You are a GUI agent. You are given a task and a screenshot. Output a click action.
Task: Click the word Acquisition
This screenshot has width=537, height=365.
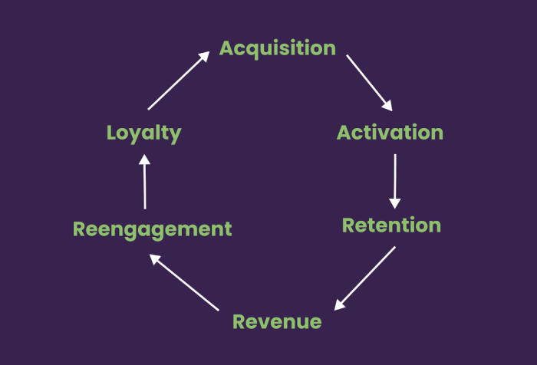(x=278, y=48)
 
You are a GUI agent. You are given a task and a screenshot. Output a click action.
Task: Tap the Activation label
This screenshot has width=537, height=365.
(x=390, y=133)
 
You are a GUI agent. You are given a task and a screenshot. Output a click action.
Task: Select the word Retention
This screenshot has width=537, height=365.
(x=391, y=225)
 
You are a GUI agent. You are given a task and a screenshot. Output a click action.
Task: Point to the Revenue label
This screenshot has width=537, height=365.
(x=277, y=322)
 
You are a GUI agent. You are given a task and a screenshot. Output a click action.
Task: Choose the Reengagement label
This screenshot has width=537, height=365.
(x=153, y=229)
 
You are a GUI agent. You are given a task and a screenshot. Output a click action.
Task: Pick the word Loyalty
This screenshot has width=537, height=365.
(x=144, y=134)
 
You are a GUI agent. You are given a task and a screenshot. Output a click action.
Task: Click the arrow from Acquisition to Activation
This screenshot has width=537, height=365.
(x=369, y=83)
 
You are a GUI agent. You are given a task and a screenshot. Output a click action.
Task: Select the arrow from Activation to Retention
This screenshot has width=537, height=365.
(x=395, y=181)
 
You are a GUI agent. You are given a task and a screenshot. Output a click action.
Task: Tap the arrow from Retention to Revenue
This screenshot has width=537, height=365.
(x=364, y=278)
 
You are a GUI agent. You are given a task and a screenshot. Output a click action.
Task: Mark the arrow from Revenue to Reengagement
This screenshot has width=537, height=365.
(x=184, y=282)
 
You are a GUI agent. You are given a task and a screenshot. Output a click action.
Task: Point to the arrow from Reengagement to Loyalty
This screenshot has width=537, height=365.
(x=144, y=182)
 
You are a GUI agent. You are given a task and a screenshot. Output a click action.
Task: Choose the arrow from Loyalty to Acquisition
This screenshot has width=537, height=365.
(x=179, y=81)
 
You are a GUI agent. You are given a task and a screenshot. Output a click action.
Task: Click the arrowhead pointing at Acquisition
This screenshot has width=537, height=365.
(x=204, y=57)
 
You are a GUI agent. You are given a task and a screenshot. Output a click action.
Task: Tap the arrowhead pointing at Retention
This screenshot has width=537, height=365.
(x=395, y=203)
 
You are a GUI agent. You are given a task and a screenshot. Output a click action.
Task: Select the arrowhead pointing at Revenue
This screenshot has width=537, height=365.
(x=339, y=304)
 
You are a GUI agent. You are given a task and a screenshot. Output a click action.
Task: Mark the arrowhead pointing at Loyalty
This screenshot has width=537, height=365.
(x=144, y=159)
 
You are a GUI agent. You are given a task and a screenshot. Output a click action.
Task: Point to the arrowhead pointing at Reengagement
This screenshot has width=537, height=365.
(x=155, y=259)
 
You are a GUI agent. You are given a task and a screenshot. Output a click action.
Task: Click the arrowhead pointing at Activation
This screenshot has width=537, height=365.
(x=387, y=106)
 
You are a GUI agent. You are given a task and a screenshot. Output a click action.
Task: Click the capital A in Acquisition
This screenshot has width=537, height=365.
(x=227, y=48)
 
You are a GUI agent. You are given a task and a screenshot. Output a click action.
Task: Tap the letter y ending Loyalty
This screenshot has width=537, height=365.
(x=176, y=136)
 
